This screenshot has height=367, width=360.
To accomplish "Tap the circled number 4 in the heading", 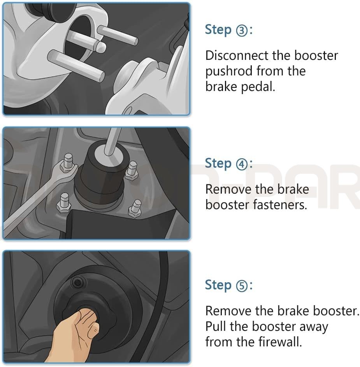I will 241,164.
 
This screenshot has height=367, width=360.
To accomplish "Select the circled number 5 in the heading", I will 241,286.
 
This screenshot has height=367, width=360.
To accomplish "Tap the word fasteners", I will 280,205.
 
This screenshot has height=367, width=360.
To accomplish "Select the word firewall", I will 280,343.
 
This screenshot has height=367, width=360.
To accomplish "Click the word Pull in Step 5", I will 216,327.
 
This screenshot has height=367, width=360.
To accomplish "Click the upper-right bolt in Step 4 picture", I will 132,169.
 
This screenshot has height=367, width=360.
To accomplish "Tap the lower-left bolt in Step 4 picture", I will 64,204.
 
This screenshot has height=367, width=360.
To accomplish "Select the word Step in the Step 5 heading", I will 218,285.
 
